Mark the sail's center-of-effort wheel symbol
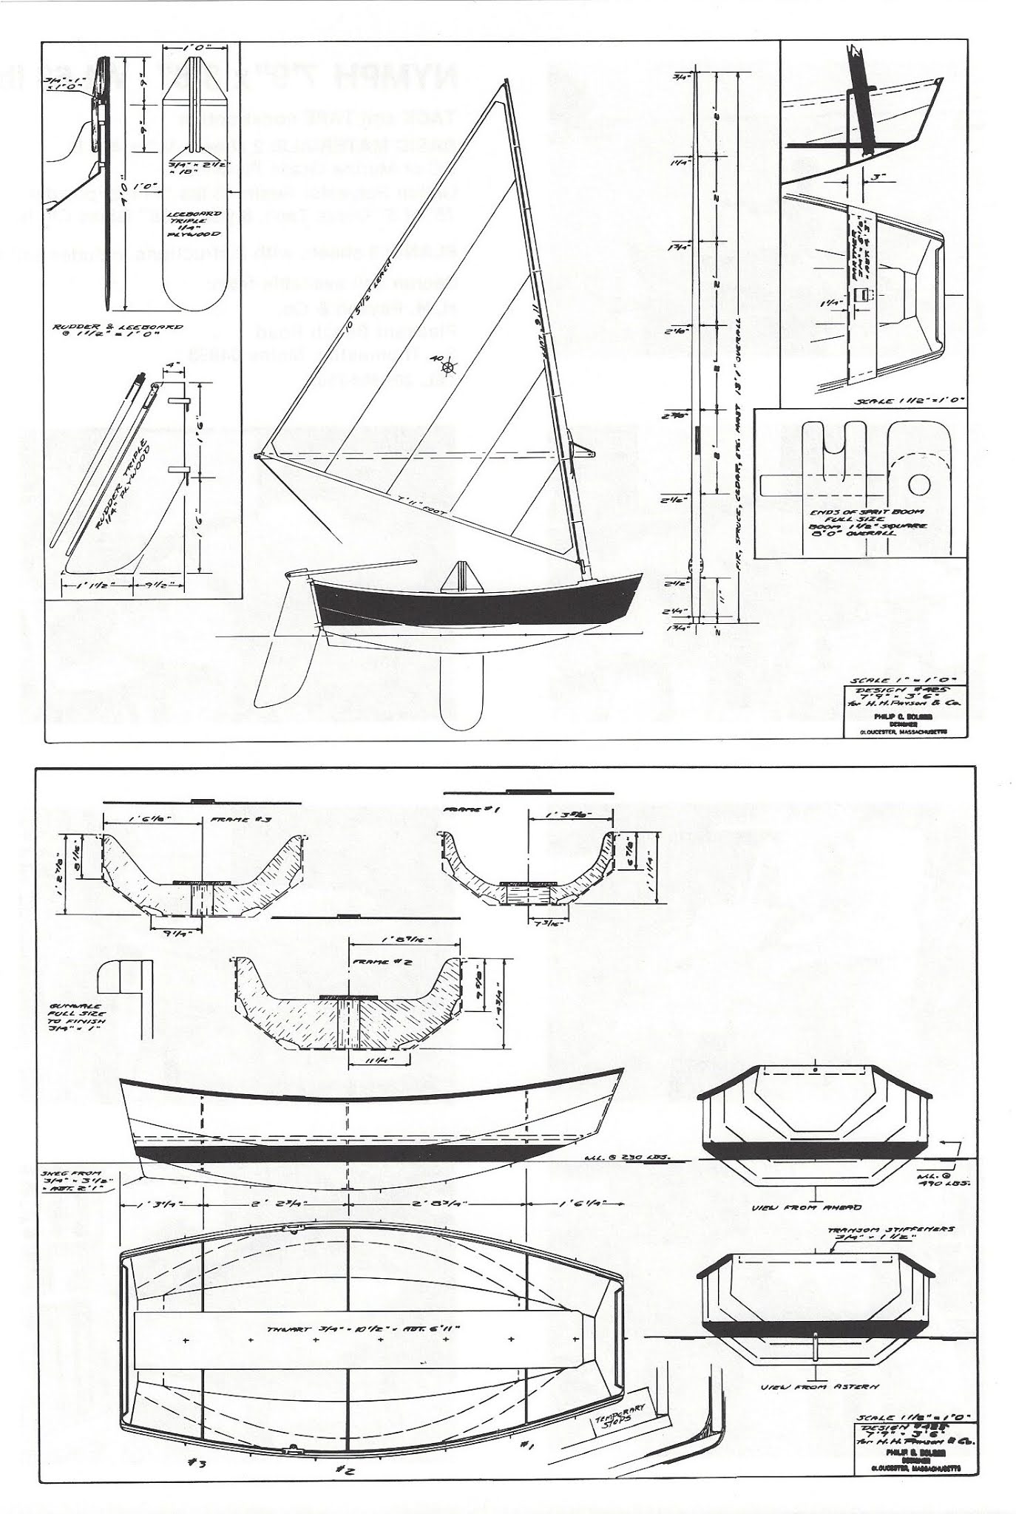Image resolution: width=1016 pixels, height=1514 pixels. (447, 365)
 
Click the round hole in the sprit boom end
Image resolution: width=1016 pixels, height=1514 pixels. (919, 485)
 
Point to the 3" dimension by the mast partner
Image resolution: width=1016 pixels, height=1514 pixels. (878, 178)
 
